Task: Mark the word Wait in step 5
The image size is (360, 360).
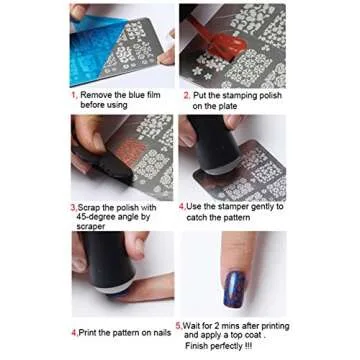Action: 192,326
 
